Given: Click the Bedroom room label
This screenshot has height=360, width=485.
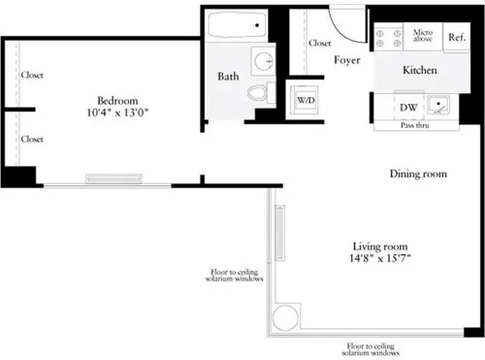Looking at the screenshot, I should tap(115, 101).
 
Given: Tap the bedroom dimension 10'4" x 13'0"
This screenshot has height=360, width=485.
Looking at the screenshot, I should tap(115, 115).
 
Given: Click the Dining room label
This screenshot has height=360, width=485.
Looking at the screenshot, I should tap(418, 175).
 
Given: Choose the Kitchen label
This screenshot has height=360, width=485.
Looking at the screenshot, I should tap(420, 71).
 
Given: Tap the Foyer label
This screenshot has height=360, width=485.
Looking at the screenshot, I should tap(348, 60).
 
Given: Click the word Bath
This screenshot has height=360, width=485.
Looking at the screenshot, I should tap(228, 76).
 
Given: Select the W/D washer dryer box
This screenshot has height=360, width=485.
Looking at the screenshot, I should tap(305, 100).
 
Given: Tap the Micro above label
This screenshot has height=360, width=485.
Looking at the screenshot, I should tap(423, 38).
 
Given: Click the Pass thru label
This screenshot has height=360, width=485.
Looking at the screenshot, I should tap(415, 126).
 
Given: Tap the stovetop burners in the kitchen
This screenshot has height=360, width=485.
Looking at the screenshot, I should tap(388, 37).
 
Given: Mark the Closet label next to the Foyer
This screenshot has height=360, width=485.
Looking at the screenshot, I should tap(320, 43).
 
